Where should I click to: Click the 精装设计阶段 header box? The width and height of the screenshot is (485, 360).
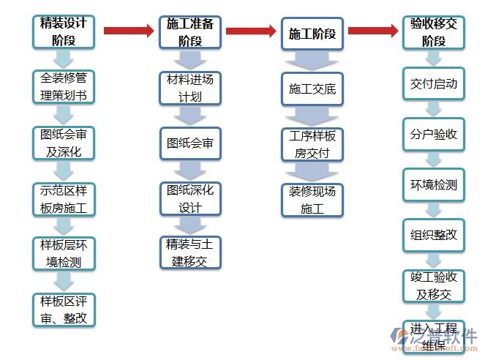pos(64,31)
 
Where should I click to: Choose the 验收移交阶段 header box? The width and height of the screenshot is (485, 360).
pos(434,32)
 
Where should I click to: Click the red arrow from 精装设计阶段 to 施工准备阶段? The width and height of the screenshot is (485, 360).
pos(129,31)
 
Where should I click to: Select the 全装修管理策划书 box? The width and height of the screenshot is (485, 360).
pos(64,87)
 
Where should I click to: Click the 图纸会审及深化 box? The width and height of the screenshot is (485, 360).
pos(64,143)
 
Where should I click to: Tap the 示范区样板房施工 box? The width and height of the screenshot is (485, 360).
pos(64,198)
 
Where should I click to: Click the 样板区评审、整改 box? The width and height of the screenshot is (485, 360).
pos(64,309)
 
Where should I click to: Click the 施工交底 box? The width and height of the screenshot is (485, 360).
pos(312,89)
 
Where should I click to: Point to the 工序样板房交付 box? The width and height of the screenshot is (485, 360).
pos(312,144)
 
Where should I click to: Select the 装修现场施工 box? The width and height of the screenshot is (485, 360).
pos(312,199)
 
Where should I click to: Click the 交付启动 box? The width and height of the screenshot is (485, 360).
pos(434,84)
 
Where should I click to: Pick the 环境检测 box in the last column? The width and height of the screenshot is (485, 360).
pos(434,184)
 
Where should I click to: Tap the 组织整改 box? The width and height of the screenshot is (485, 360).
pos(434,235)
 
